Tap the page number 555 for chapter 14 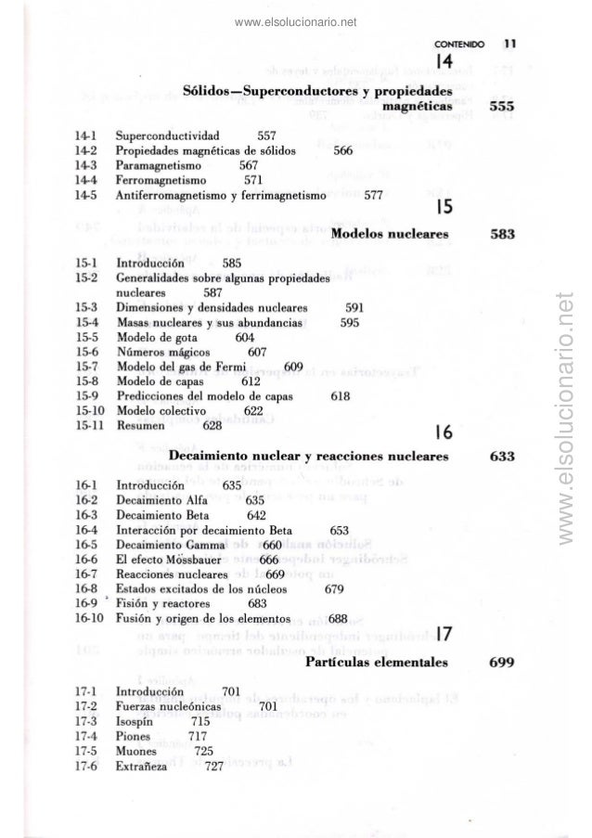pos(505,107)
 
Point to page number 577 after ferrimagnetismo pos(375,196)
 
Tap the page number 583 pos(504,235)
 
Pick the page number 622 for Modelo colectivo pos(253,410)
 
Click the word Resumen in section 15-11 pos(141,425)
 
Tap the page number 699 pos(504,663)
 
